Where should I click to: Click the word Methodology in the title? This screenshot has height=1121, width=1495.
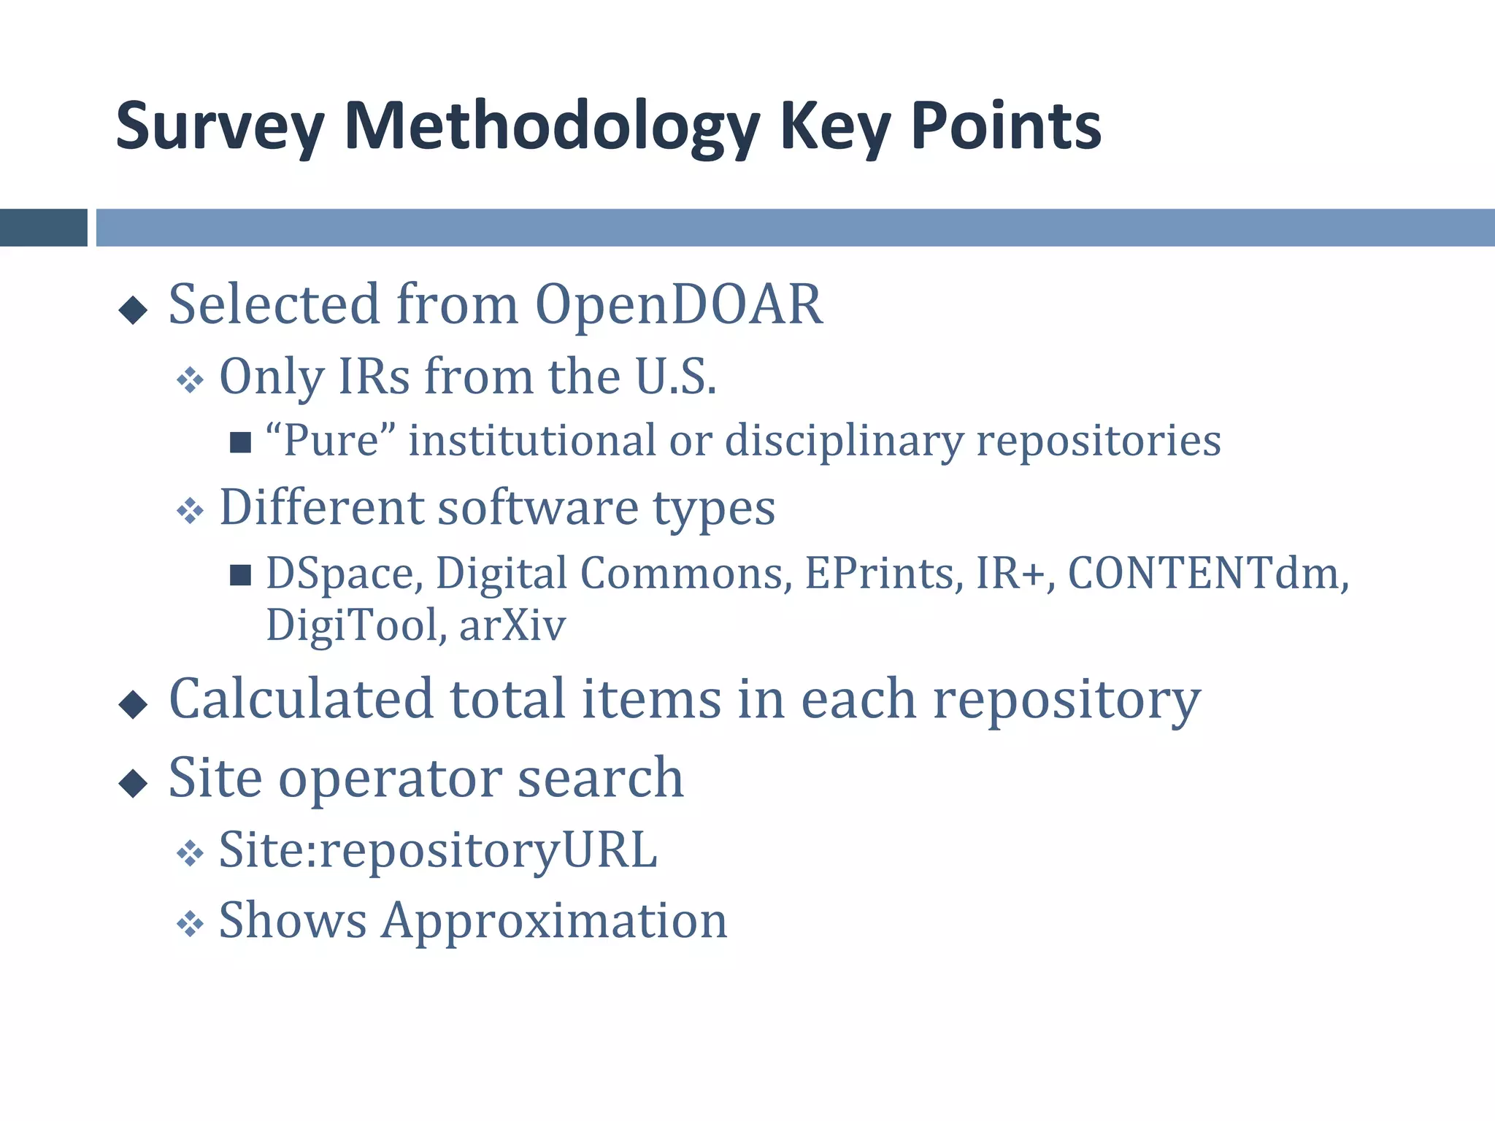click(x=551, y=128)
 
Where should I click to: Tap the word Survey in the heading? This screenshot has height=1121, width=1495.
click(x=220, y=128)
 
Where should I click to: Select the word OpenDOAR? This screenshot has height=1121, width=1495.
click(x=679, y=304)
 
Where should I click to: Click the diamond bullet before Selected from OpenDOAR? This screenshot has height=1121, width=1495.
click(x=133, y=310)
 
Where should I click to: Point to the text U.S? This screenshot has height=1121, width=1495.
click(x=676, y=377)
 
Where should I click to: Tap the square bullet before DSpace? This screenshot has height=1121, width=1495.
click(x=240, y=575)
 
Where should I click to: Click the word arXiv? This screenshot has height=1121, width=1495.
click(x=512, y=626)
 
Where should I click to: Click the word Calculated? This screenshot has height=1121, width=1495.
click(x=301, y=699)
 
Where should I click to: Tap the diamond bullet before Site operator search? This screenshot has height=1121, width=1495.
click(x=133, y=784)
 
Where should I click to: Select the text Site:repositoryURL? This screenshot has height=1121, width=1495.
click(x=438, y=851)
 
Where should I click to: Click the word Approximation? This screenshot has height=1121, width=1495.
click(x=555, y=921)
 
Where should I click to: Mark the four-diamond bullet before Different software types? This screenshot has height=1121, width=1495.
click(x=190, y=511)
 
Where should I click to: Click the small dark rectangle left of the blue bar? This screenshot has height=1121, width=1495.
click(x=43, y=228)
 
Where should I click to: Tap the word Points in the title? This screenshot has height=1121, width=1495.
click(x=1006, y=128)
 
